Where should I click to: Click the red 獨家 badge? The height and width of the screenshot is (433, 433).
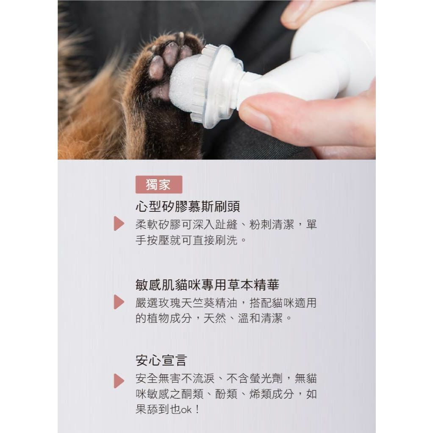click(x=159, y=184)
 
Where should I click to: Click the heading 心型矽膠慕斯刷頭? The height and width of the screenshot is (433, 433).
click(x=188, y=206)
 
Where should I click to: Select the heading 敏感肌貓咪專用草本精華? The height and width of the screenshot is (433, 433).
click(x=207, y=285)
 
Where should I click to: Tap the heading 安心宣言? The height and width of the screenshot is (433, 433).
click(x=161, y=361)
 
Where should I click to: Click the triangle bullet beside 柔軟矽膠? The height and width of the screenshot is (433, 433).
click(x=119, y=224)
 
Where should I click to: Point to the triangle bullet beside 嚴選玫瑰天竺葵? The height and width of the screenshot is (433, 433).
click(x=119, y=302)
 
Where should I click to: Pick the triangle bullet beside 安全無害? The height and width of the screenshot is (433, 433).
click(x=119, y=381)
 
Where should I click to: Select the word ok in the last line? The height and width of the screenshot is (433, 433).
click(x=186, y=410)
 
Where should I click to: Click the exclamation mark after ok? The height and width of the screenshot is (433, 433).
click(x=197, y=409)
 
